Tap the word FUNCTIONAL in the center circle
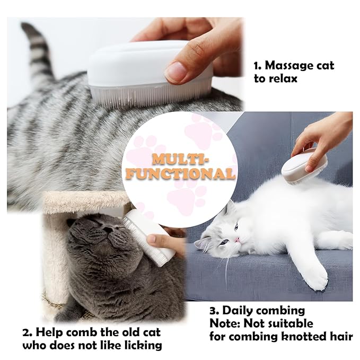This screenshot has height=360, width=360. [180, 174]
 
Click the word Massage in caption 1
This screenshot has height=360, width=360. [291, 66]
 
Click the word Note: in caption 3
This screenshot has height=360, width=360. [225, 323]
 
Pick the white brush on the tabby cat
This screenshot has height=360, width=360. [148, 74]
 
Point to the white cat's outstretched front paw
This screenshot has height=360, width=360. [315, 276]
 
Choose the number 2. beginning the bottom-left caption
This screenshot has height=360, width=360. [28, 333]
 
